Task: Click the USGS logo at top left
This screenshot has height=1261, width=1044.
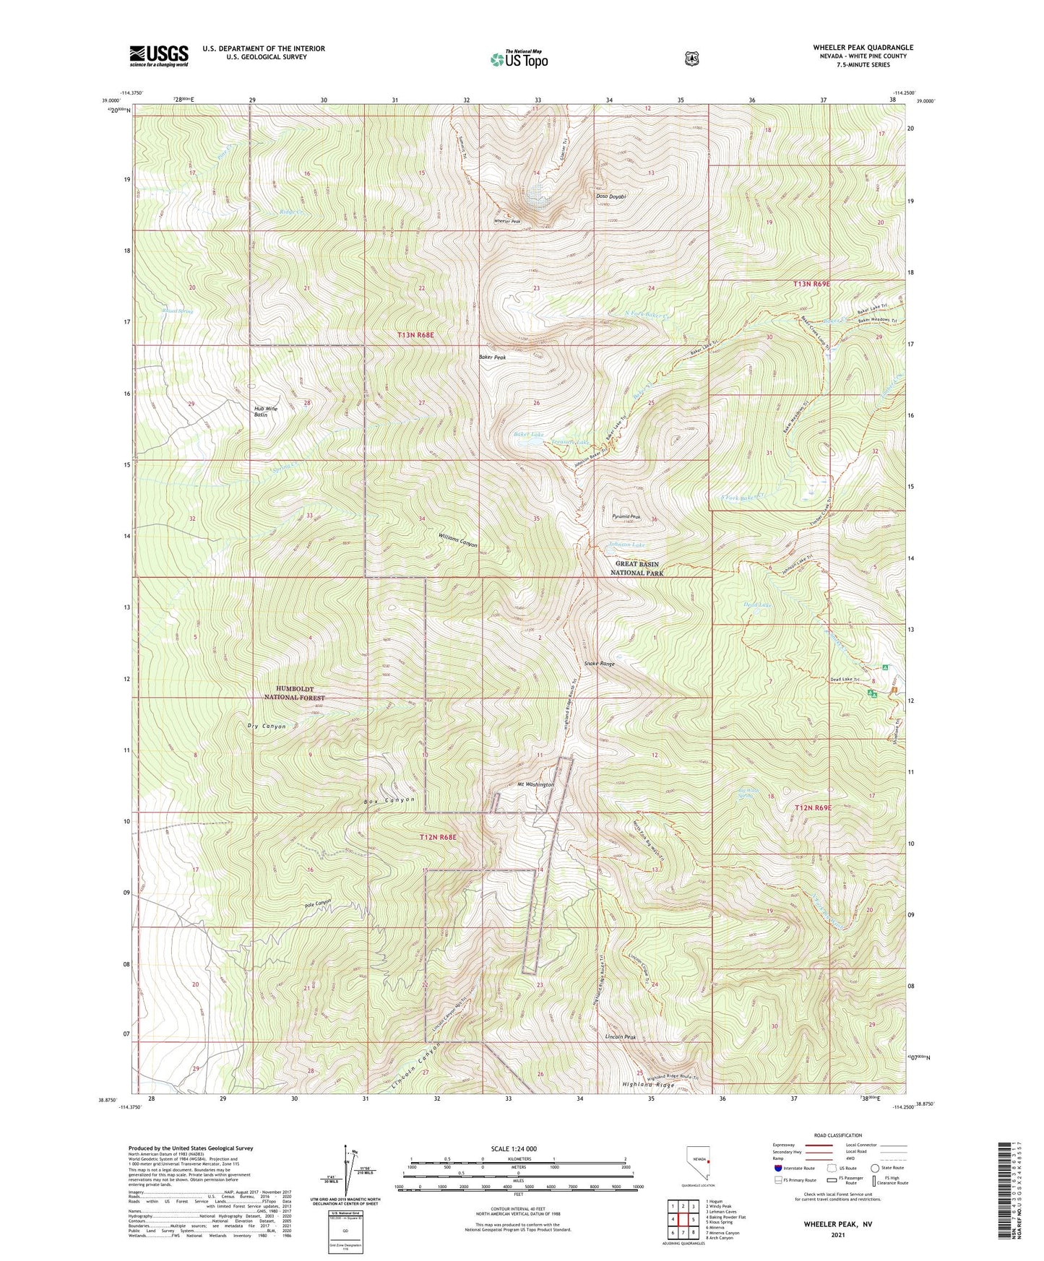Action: (x=159, y=56)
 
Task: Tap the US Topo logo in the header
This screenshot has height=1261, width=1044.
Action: (x=517, y=60)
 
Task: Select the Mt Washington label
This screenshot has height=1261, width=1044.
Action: (x=535, y=784)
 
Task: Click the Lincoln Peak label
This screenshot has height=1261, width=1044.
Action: (x=621, y=1036)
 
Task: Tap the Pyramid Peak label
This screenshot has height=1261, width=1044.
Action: (x=626, y=516)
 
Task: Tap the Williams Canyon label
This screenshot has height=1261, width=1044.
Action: (x=457, y=539)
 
